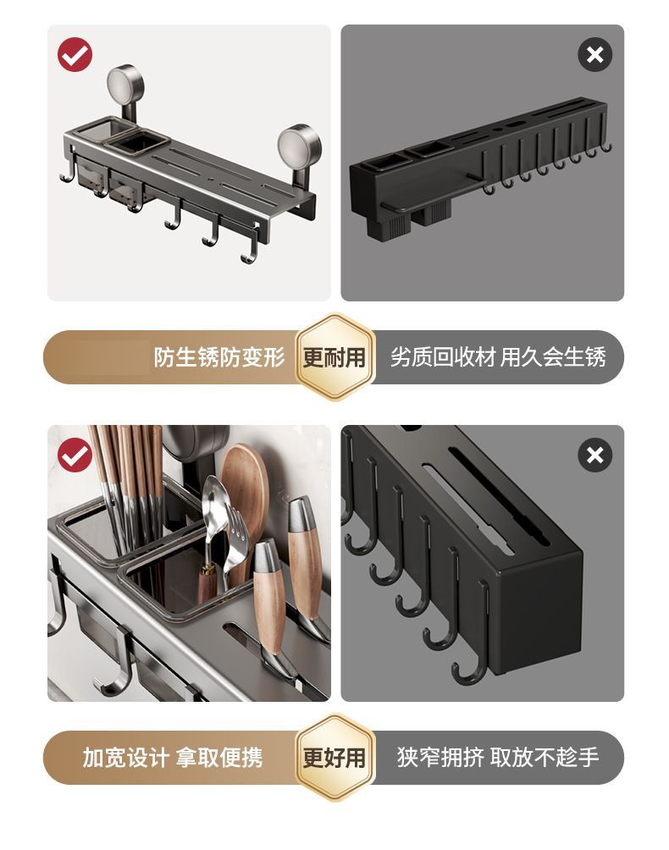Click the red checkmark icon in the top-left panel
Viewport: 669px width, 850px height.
(x=75, y=54)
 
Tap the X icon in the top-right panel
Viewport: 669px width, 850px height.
(x=594, y=54)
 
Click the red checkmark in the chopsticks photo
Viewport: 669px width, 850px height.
(x=75, y=455)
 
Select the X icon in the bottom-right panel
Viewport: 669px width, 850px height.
(x=594, y=455)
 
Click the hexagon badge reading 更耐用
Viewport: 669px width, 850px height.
(x=334, y=357)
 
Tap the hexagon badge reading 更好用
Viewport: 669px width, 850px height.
(x=334, y=758)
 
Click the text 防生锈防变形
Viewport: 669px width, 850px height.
(x=219, y=357)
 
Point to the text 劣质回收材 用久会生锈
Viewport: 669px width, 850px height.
(x=498, y=357)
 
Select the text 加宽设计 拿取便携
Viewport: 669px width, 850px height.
(x=173, y=758)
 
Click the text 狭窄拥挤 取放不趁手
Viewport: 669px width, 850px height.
(x=498, y=758)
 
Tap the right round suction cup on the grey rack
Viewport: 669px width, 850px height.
(x=299, y=146)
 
